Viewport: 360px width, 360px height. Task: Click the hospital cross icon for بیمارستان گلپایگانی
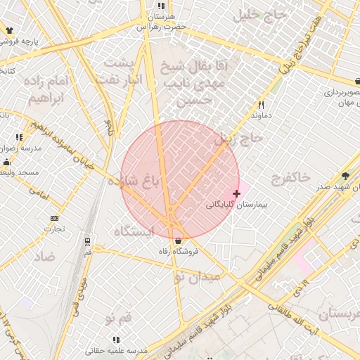(x=236, y=193)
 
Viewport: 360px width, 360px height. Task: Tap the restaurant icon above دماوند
(x=261, y=103)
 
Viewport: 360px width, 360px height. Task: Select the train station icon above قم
(x=88, y=240)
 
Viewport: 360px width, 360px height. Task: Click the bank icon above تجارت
(x=55, y=218)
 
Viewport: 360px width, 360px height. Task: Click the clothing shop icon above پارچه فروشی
(x=9, y=30)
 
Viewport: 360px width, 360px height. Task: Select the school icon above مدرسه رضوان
(x=18, y=137)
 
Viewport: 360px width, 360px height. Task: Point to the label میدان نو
(x=198, y=277)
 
